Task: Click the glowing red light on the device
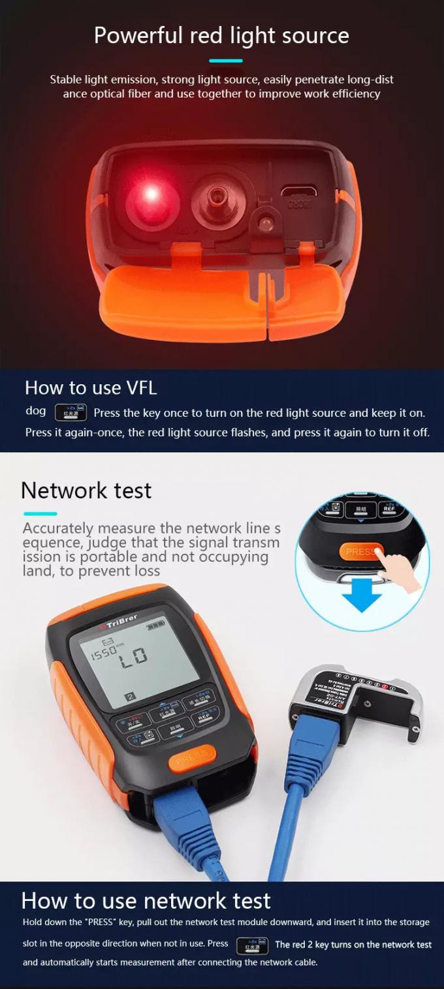coord(151,194)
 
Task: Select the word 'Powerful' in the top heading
coord(138,35)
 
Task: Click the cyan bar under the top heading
coord(225,61)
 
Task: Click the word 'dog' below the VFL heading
coord(35,411)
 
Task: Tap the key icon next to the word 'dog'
coord(71,412)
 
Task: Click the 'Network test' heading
coord(86,490)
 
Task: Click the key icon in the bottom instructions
coord(252,945)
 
